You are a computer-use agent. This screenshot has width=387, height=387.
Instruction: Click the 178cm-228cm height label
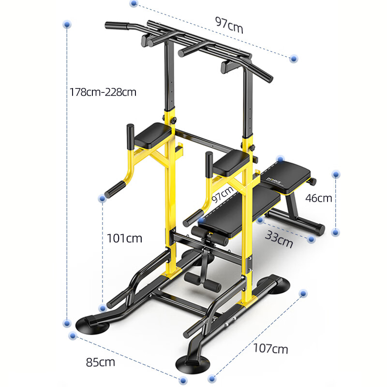point(103,91)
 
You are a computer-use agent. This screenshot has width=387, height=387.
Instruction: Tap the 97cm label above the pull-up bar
point(229,25)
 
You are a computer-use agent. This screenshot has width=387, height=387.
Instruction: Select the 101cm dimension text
point(124,238)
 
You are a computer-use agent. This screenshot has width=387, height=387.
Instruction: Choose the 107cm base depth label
point(270,348)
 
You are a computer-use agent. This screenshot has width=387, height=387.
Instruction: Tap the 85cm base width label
point(101,361)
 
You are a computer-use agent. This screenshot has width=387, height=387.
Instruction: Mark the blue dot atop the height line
point(67,24)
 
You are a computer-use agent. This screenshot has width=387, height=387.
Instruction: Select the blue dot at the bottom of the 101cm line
point(102,308)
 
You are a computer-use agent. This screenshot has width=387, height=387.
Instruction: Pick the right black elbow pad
point(231,163)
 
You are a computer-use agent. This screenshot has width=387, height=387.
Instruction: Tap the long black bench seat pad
point(237,211)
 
